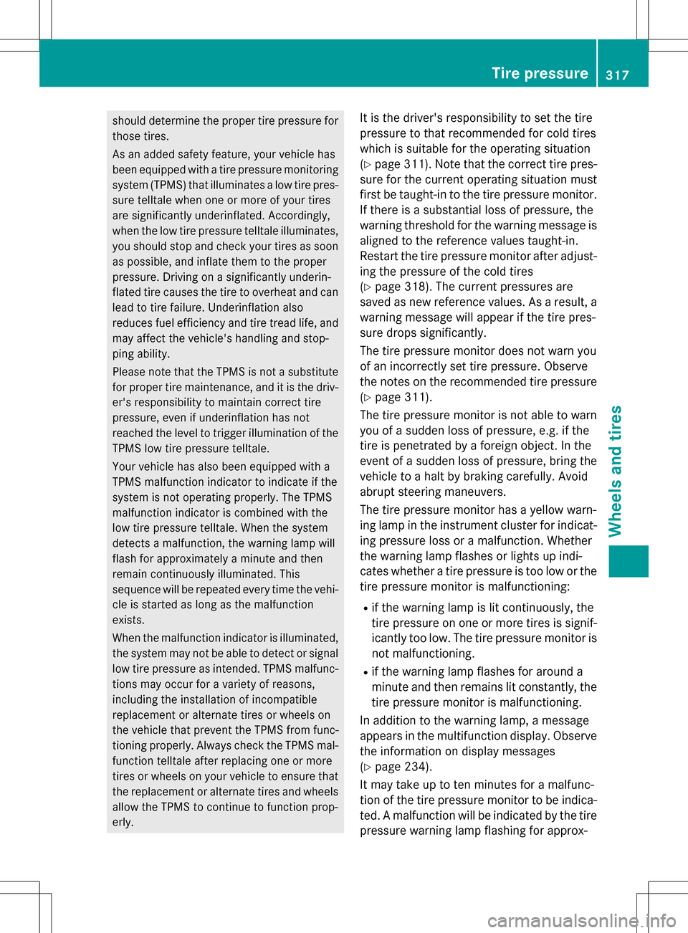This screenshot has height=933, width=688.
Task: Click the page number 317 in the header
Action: pos(617,75)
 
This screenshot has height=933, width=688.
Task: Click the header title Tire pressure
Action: pos(540,73)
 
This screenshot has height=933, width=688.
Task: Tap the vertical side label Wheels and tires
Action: pos(616,471)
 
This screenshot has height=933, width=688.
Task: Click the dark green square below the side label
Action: pos(629,561)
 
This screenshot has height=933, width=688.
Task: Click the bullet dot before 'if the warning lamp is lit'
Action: pos(365,608)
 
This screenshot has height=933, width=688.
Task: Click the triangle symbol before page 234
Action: pos(368,767)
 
